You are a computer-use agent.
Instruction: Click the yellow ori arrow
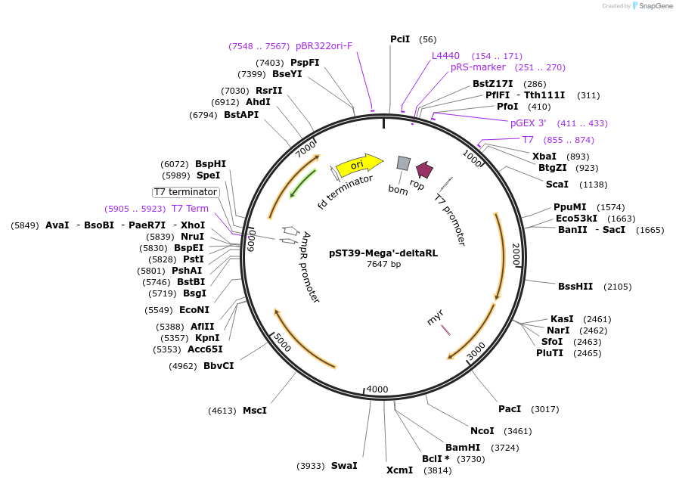coord(355,164)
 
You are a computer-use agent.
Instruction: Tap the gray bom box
coord(404,163)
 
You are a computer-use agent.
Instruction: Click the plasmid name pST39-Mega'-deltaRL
coord(383,253)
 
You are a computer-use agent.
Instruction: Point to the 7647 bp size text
coord(383,264)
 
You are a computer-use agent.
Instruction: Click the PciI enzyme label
coord(400,39)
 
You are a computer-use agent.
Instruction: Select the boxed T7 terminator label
coord(185,192)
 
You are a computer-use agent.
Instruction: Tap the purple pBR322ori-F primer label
coord(324,45)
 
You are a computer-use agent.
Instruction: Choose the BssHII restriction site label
coord(575,287)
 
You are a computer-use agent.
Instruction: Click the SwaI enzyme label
coord(343,466)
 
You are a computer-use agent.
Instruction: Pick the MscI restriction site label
coord(255,411)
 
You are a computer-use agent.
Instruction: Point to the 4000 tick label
coord(377,389)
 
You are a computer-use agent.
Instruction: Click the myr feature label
coord(435,317)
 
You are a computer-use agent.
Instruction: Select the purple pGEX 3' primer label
coord(528,123)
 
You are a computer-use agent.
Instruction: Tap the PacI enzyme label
coord(510,409)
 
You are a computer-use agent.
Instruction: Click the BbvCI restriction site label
coord(219,366)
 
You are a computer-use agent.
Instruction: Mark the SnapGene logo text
coord(656,6)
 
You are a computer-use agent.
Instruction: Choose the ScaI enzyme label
coord(557,184)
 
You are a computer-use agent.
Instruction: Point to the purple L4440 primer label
coord(445,56)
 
